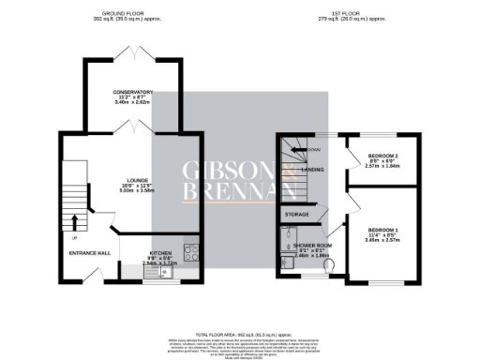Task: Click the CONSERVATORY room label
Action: pos(132,92)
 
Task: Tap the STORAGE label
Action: pos(296,215)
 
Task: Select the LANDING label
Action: pos(313,170)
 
